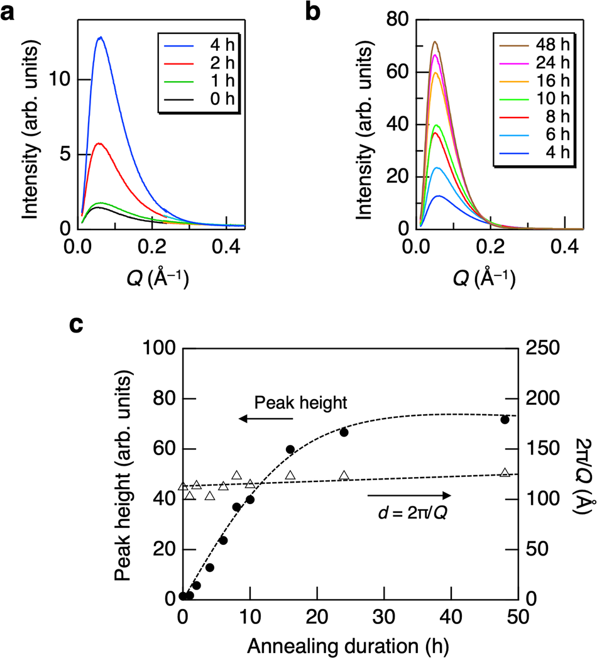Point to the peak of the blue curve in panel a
(100, 37)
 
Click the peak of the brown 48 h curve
(434, 42)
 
